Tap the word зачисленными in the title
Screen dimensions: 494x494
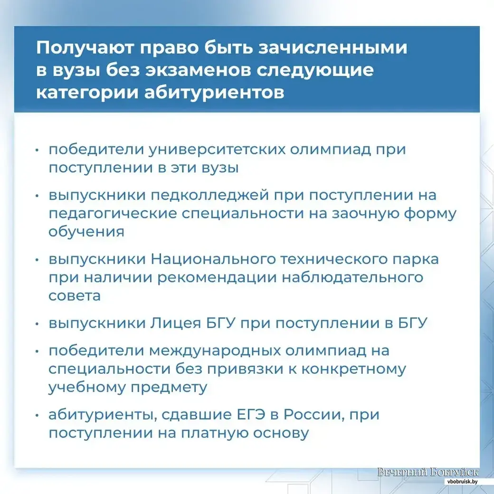pos(332,47)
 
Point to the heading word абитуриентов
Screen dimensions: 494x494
pos(214,92)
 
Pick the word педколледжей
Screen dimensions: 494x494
pos(210,196)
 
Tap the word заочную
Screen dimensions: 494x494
pos(365,214)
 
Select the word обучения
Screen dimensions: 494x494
pos(86,232)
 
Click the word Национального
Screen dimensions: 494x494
pos(213,260)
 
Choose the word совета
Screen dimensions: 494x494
pos(75,296)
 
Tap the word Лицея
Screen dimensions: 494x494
pos(175,323)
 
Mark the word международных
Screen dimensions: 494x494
pos(215,351)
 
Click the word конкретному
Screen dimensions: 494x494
pos(354,369)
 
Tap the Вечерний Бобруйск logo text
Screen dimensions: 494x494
pos(428,472)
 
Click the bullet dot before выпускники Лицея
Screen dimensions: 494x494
pos(37,324)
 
